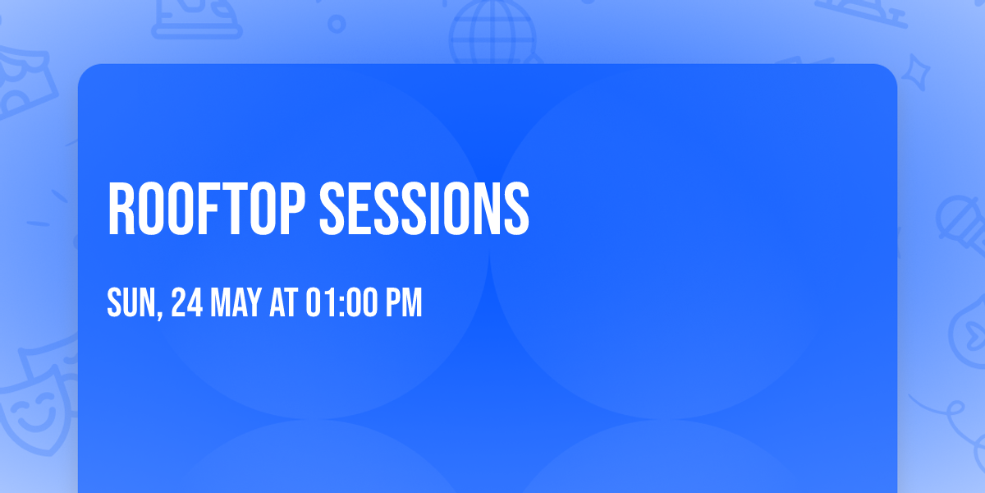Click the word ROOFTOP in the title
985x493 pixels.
[206, 209]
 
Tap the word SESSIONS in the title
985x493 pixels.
[424, 209]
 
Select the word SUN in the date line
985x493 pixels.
[132, 302]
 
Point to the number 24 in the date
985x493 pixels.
[187, 302]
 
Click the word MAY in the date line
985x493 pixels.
[236, 302]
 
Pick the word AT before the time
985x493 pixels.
[284, 302]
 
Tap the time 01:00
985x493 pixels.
[341, 302]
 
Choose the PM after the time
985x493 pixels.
[404, 302]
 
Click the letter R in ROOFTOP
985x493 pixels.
[121, 209]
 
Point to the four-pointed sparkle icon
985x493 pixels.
[915, 72]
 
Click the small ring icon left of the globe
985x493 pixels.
[337, 24]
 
